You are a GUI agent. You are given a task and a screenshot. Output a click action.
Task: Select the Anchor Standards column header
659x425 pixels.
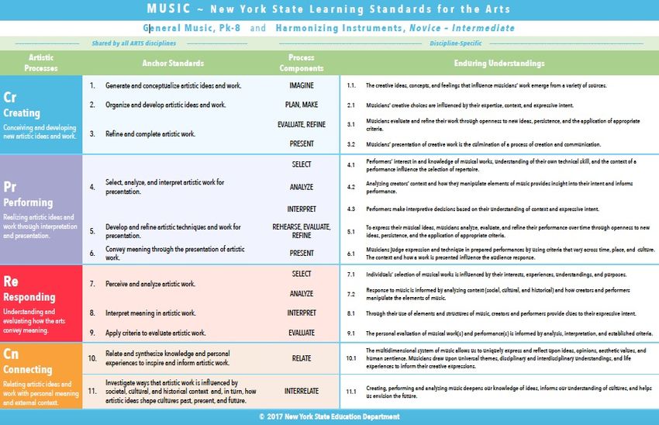(x=173, y=63)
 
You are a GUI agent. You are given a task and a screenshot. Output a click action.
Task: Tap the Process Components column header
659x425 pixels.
(x=301, y=63)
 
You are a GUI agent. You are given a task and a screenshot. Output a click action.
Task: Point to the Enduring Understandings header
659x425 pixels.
(x=499, y=63)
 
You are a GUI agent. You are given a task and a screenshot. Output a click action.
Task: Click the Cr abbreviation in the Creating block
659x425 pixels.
(x=10, y=97)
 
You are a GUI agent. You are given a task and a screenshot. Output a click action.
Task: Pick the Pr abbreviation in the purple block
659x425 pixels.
(x=10, y=187)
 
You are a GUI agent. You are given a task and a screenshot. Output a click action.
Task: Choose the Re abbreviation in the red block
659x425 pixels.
(x=11, y=281)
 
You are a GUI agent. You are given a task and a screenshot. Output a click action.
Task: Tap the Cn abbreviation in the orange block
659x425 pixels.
(x=11, y=354)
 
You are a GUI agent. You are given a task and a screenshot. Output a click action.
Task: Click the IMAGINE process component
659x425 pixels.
(x=301, y=85)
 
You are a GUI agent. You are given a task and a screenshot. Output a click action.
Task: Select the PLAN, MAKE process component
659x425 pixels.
(x=301, y=105)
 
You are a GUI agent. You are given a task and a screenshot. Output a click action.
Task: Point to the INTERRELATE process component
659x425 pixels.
(x=301, y=391)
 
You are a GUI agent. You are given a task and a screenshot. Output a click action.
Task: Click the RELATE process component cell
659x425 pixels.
(x=301, y=358)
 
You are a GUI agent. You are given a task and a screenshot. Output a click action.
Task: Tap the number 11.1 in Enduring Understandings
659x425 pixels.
(x=350, y=391)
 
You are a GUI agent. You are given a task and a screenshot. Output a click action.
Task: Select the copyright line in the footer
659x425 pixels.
(x=329, y=417)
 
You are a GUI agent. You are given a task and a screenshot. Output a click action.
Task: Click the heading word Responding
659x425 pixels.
(x=29, y=297)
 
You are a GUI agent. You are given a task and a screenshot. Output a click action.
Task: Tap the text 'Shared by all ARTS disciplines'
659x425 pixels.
(x=133, y=43)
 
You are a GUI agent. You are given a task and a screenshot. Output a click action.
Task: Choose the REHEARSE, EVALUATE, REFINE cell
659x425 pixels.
(x=301, y=231)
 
